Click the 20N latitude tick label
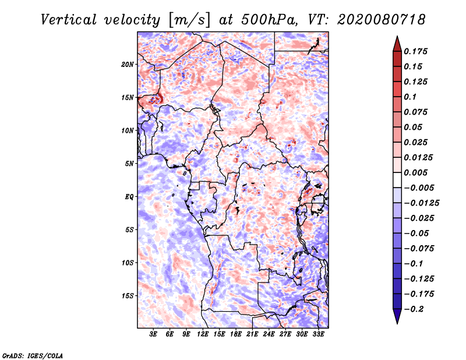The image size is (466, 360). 128,64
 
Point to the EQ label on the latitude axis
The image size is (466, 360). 129,197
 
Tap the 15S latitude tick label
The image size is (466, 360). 128,296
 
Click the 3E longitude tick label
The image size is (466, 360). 153,334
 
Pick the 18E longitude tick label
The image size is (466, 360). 236,334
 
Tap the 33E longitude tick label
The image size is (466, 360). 318,334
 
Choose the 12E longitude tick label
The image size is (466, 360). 203,334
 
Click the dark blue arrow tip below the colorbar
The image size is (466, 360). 397,320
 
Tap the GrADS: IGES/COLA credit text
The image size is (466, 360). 32,355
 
